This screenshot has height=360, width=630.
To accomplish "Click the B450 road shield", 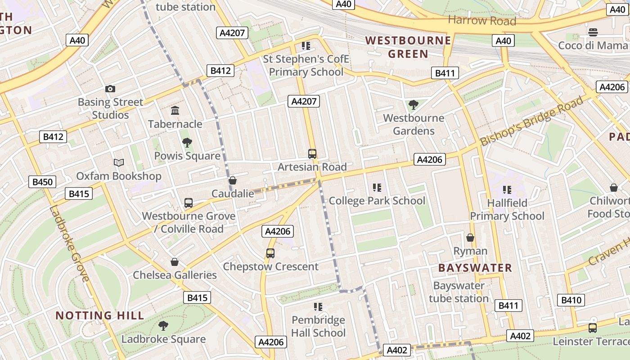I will (x=43, y=182).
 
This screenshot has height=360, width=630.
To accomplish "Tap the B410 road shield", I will (x=571, y=300).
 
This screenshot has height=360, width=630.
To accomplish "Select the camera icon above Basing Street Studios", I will (x=110, y=89).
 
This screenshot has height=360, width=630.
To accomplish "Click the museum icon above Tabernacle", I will (x=175, y=111).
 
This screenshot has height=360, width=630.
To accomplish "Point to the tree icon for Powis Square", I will (x=187, y=143).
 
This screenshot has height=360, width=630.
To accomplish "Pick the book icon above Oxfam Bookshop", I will (x=119, y=162).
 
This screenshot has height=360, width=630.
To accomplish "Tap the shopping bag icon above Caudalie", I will (x=233, y=181).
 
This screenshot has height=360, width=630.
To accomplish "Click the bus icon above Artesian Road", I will (x=312, y=154).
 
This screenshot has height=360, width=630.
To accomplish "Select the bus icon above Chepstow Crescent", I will (x=270, y=253).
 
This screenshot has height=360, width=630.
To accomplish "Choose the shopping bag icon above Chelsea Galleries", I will (x=175, y=262).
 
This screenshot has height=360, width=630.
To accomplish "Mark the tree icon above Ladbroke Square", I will (x=163, y=326).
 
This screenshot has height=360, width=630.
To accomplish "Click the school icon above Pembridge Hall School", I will (x=318, y=307).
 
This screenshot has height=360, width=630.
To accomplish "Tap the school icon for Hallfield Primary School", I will (x=507, y=190).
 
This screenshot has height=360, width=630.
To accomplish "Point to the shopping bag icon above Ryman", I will (x=470, y=238).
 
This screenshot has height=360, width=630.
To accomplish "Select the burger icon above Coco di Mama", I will (x=593, y=32).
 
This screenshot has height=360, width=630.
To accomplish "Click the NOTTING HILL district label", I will (x=100, y=315).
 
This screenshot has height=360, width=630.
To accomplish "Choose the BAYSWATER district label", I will (x=475, y=268).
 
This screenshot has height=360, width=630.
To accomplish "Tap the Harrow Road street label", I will (x=482, y=20).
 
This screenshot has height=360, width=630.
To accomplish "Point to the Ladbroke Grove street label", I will (x=68, y=243).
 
